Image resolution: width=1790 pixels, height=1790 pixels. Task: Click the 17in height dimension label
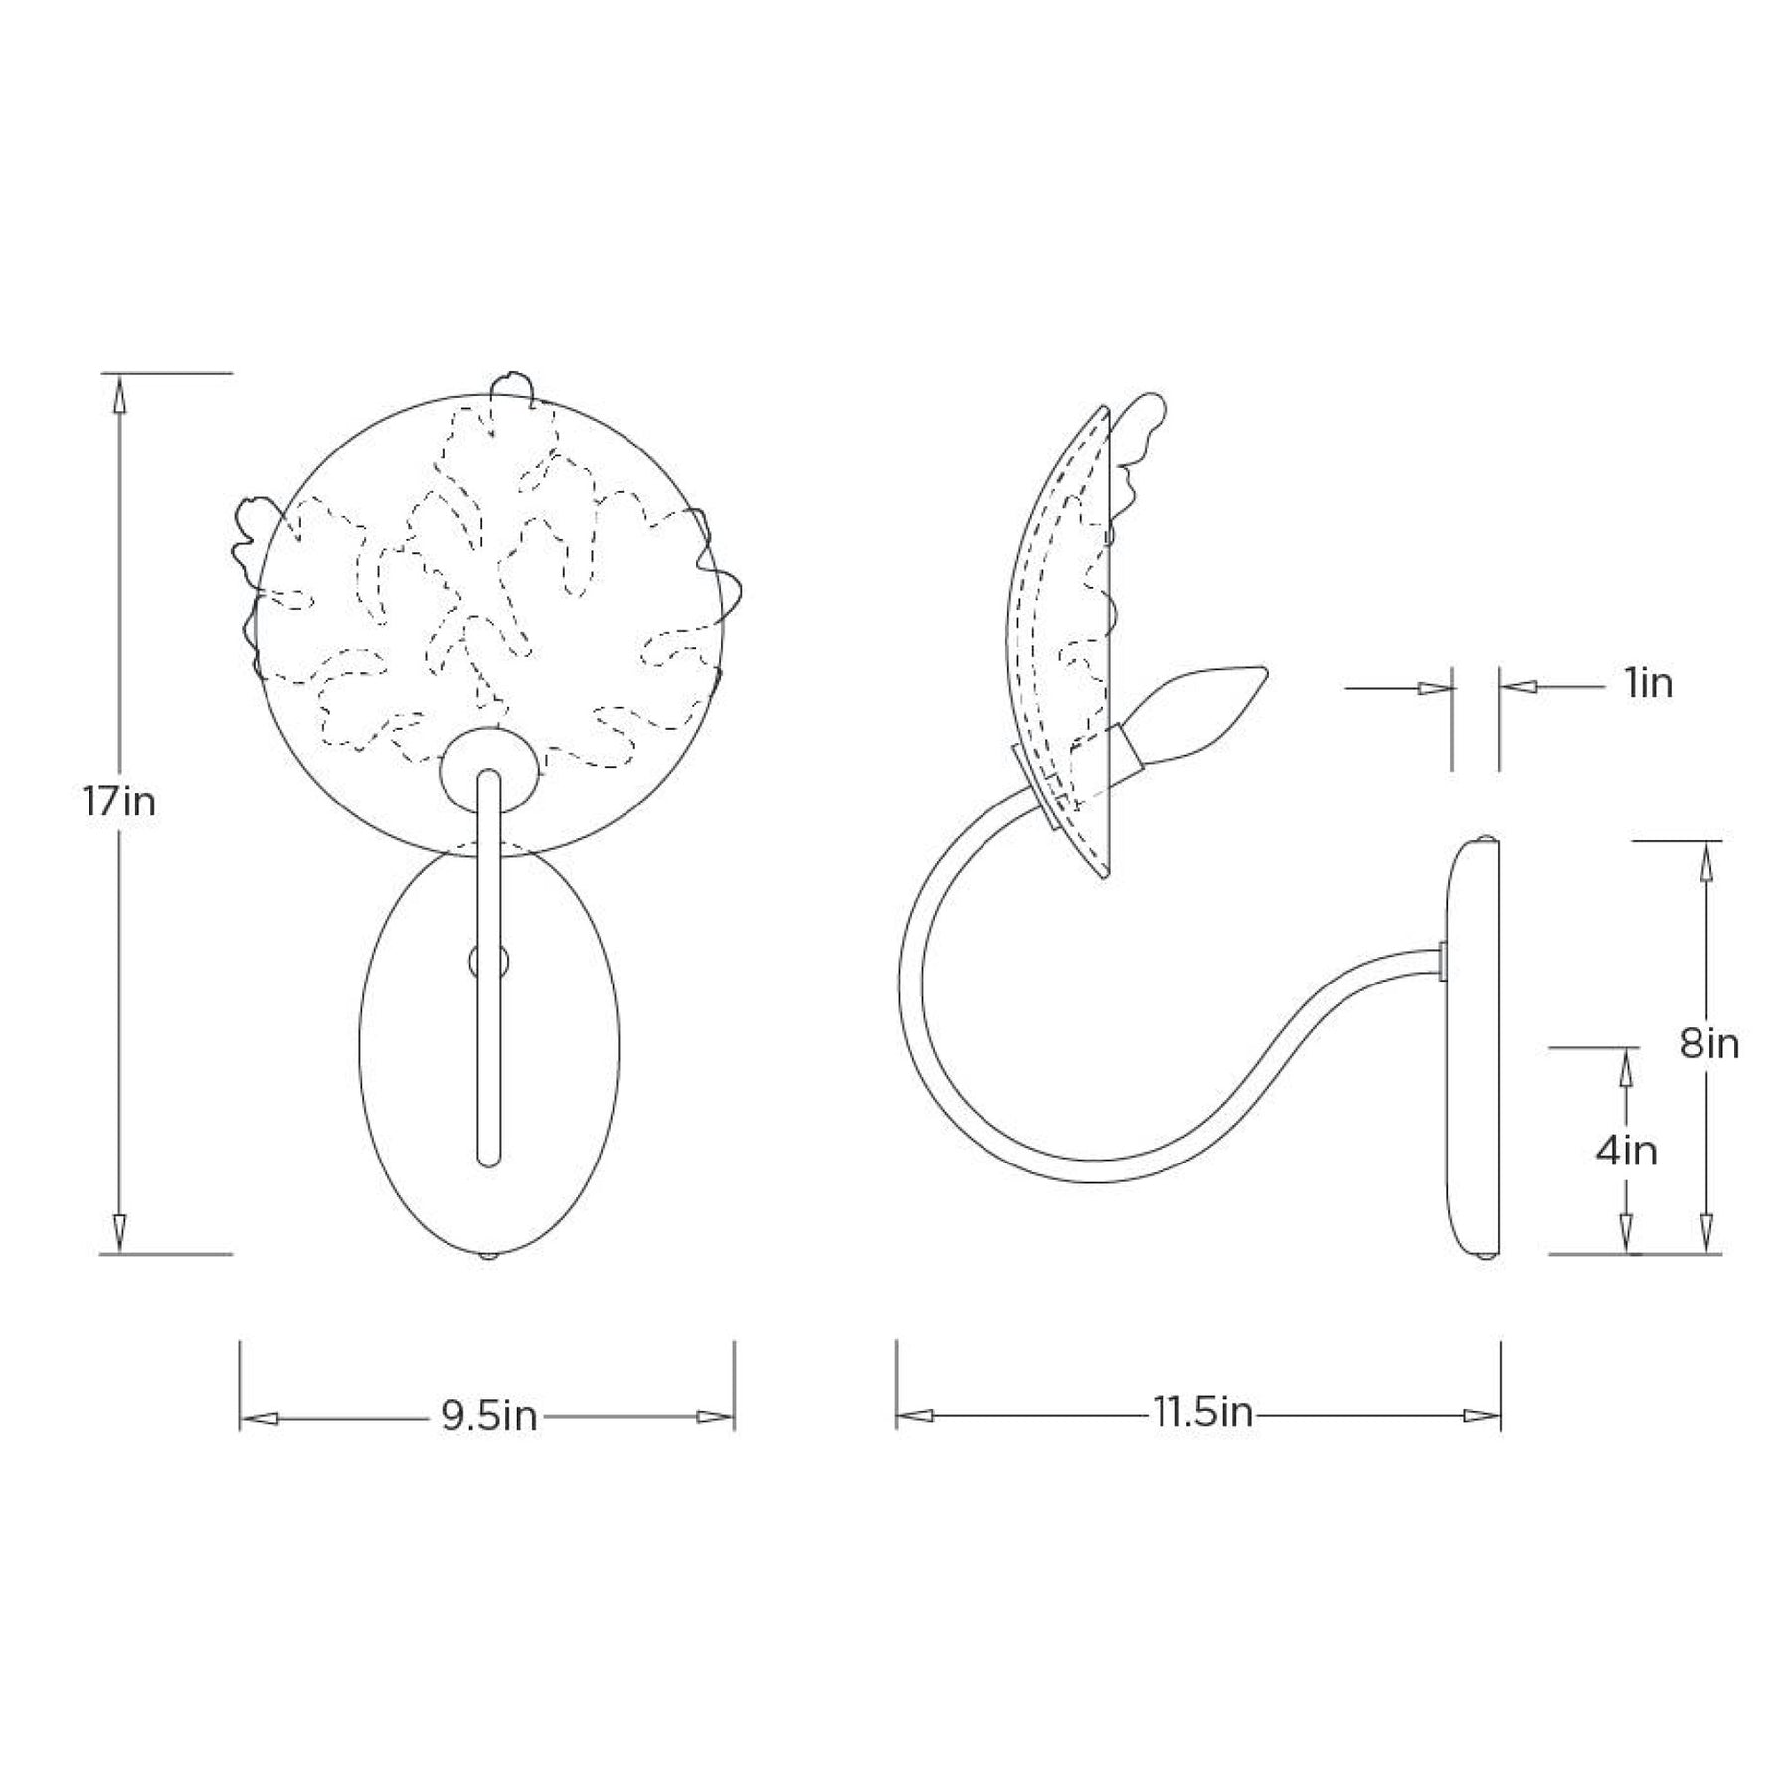(119, 802)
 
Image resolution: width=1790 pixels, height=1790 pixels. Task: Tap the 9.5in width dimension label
(488, 1416)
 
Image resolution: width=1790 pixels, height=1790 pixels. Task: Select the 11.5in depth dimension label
(1203, 1412)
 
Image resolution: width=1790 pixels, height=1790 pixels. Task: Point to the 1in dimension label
(1649, 684)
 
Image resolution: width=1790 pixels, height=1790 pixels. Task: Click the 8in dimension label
(1710, 1043)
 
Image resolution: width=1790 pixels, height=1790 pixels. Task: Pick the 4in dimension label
(1627, 1151)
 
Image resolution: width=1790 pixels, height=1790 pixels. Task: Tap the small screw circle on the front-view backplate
(488, 961)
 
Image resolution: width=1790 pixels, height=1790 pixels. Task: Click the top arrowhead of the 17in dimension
(119, 393)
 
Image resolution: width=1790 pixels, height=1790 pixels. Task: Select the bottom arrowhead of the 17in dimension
(119, 1233)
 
